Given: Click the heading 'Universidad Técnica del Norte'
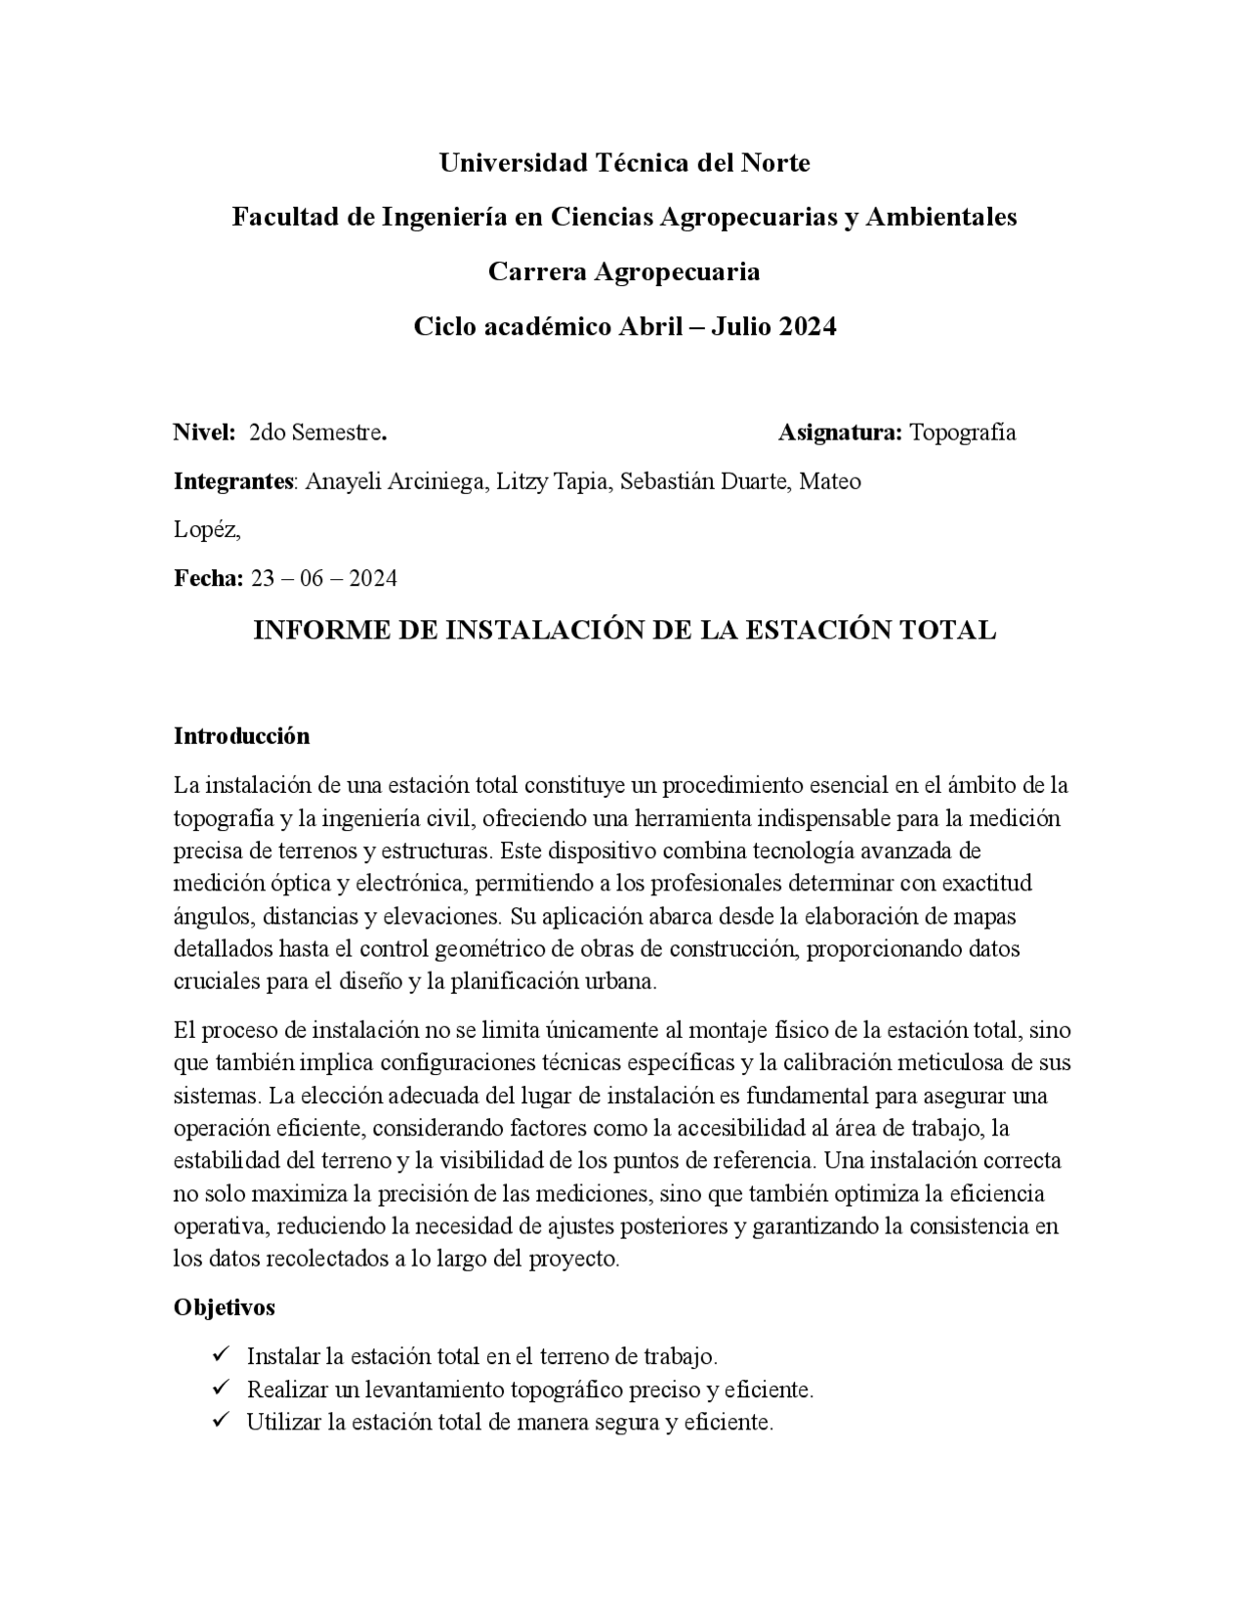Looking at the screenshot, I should pos(624,163).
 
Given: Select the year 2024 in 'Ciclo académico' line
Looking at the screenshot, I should pos(808,326).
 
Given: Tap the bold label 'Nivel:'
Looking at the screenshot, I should pos(205,433).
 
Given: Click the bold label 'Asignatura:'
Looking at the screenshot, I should pos(840,433).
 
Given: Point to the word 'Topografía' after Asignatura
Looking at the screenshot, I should pos(963,433).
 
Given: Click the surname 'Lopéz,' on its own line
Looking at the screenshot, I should pos(207,530).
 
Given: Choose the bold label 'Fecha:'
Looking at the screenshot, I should pos(208,579).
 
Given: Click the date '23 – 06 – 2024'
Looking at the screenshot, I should pos(324,579).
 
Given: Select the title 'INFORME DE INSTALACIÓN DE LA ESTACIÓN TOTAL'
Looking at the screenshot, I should pos(624,631).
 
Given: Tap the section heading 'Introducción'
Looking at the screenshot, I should pos(241,736).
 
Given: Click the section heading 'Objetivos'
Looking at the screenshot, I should pos(225,1307).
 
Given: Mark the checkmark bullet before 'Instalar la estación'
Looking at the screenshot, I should pos(220,1355).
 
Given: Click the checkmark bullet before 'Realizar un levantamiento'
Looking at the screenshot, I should pos(220,1388).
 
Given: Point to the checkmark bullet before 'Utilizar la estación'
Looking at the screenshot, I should pos(220,1421).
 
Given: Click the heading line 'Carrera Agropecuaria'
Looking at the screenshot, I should pos(624,271).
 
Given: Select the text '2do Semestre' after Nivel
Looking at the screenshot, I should pos(315,433).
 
